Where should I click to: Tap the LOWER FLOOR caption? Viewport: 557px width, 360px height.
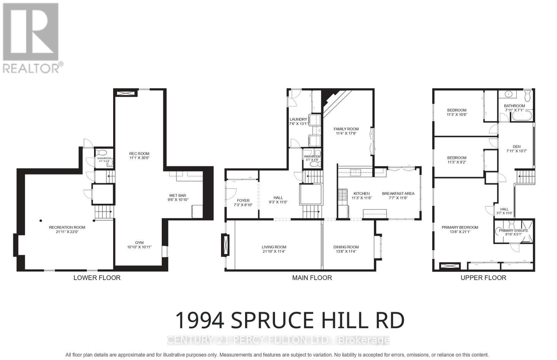(97, 278)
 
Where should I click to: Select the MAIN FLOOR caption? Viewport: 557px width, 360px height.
(312, 278)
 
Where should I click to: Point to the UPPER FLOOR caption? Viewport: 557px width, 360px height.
(483, 278)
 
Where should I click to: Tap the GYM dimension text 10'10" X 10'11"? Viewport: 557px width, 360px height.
(139, 247)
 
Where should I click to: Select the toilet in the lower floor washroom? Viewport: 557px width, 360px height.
(102, 153)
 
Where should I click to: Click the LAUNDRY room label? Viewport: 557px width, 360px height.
(298, 119)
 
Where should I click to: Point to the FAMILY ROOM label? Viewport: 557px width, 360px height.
(346, 129)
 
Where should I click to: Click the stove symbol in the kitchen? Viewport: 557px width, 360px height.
(342, 194)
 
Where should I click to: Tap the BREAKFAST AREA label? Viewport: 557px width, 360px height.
(398, 193)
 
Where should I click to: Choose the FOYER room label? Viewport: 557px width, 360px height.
(243, 200)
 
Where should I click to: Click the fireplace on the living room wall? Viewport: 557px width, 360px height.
(226, 245)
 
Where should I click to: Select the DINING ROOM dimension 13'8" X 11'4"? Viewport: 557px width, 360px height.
(346, 251)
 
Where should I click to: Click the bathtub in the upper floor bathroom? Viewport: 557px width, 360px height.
(522, 116)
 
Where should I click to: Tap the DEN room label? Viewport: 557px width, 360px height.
(516, 146)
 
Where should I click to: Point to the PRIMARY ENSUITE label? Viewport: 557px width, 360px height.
(513, 230)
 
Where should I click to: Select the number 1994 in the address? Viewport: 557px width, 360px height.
(199, 320)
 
